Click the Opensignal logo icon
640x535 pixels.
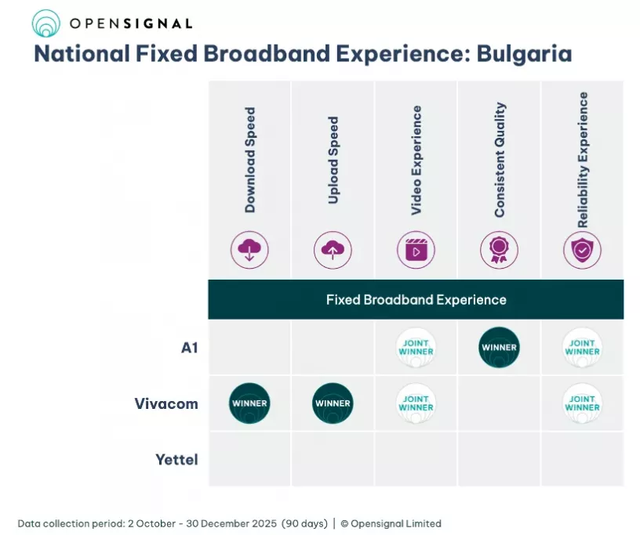45,23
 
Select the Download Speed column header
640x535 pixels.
250,161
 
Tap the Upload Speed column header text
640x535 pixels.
333,161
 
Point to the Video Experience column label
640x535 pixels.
416,161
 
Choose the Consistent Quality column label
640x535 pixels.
500,160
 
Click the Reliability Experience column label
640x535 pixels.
583,160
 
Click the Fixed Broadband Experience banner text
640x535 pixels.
416,300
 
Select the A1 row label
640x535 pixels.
189,348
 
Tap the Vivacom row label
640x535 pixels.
166,404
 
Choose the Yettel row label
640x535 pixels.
176,460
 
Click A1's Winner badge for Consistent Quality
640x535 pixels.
499,348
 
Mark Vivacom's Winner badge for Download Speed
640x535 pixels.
249,403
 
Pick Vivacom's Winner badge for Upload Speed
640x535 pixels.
333,403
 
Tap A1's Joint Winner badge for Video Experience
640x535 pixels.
416,348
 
